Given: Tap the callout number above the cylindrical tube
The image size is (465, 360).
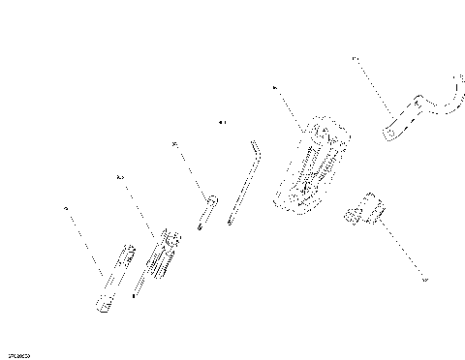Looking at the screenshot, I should point(66,207).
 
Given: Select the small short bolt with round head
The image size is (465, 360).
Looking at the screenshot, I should point(204,212).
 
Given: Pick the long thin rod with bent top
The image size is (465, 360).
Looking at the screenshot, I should point(242,184).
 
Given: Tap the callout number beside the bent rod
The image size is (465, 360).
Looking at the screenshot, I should point(221,123).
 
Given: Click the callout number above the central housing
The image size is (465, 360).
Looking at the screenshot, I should point(276,87).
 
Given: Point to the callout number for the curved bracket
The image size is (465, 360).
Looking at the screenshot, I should point(355,60).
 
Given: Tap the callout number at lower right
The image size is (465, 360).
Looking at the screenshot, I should point(423,282).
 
